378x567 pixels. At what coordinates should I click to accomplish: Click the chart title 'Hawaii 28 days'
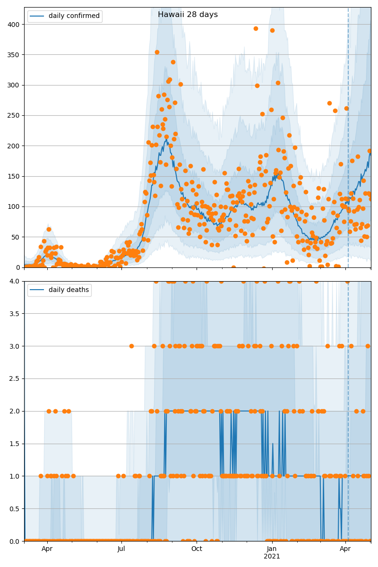(188, 15)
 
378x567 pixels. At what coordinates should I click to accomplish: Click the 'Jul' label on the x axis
(121, 549)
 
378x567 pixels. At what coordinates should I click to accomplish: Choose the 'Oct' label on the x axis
(197, 549)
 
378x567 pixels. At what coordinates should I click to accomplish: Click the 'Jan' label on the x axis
(272, 549)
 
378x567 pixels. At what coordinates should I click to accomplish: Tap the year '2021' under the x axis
(272, 557)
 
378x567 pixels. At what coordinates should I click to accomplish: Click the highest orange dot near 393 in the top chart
(256, 28)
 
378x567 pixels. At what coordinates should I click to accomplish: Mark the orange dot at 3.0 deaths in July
(131, 346)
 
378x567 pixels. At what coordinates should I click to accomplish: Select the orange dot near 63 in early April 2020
(49, 229)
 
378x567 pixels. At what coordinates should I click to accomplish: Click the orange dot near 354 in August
(157, 52)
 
